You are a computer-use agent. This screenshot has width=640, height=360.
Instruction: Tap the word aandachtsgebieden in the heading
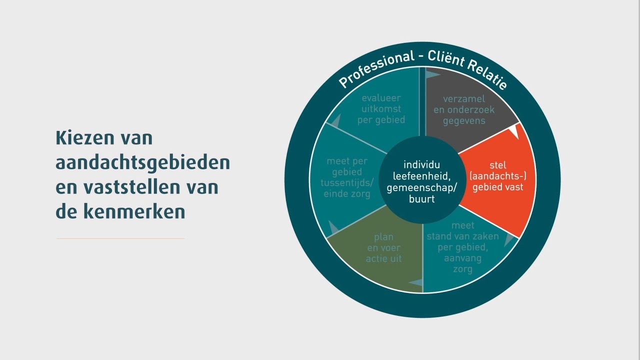point(143,163)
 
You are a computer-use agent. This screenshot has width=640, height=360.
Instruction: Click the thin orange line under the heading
point(120,238)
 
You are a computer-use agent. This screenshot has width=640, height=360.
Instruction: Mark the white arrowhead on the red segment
point(513,131)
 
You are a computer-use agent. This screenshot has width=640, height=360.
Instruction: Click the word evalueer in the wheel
point(381,98)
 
